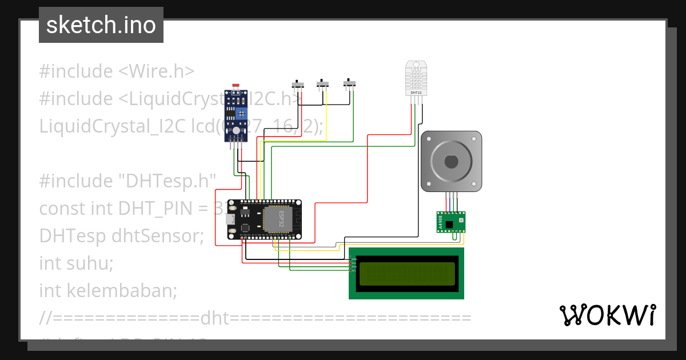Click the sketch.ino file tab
point(101,25)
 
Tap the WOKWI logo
point(607,315)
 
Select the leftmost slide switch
point(298,85)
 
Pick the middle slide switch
point(324,85)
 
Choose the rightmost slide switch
point(349,84)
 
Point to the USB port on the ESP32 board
point(231,219)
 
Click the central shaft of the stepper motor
point(451,161)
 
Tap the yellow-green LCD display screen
point(406,273)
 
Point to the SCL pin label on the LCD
point(354,270)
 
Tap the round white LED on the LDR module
point(236,131)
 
